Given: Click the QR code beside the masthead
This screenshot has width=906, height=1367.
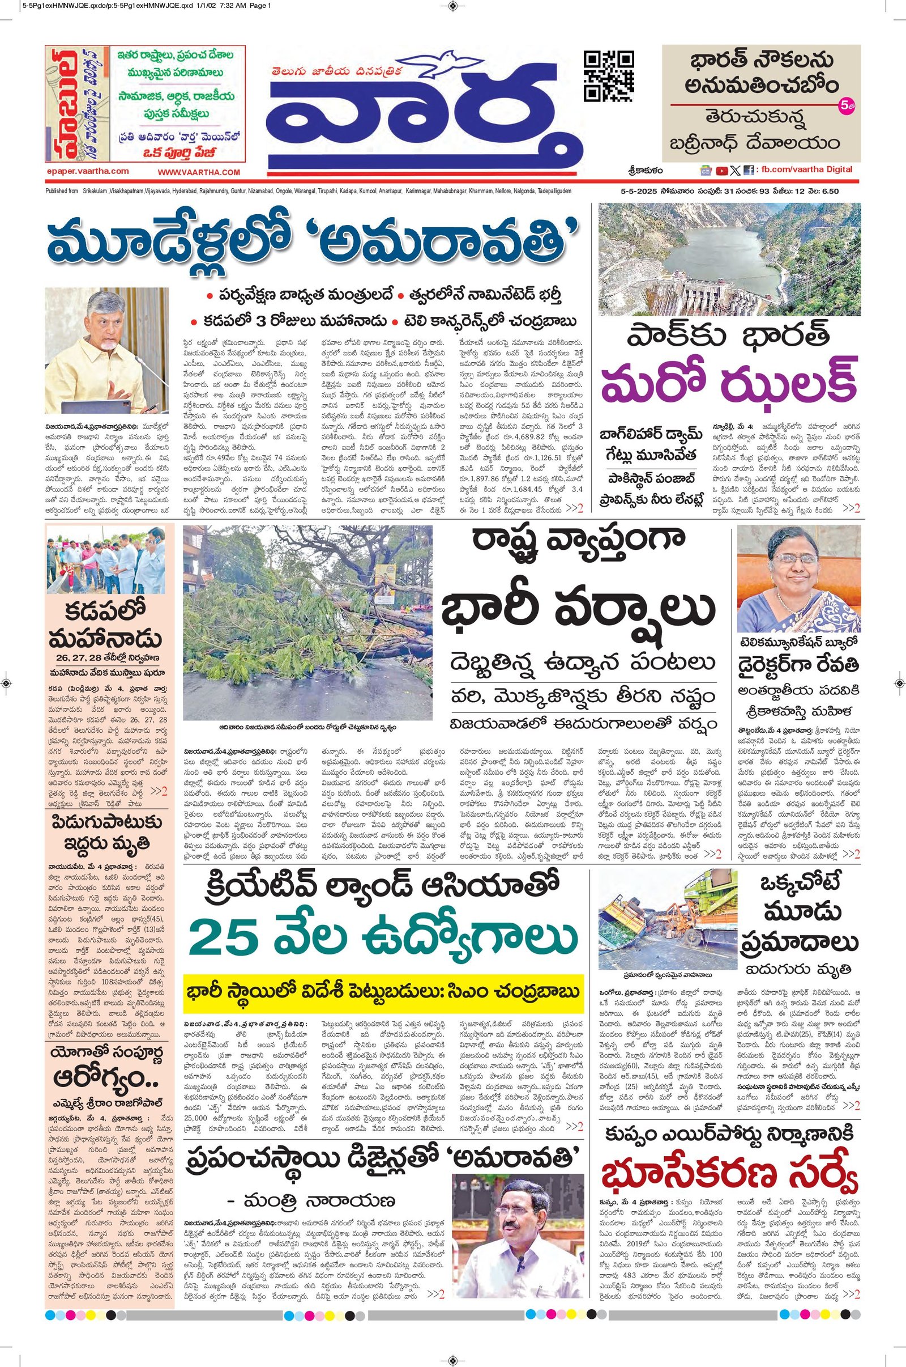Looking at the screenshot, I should [x=609, y=77].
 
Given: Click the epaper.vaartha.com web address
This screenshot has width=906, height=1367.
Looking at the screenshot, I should [x=87, y=171].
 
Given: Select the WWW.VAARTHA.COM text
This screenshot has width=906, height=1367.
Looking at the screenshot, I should [x=199, y=172].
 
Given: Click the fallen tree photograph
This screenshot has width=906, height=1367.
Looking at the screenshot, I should [x=307, y=622].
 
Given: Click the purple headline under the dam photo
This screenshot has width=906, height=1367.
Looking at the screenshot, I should [x=729, y=381].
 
